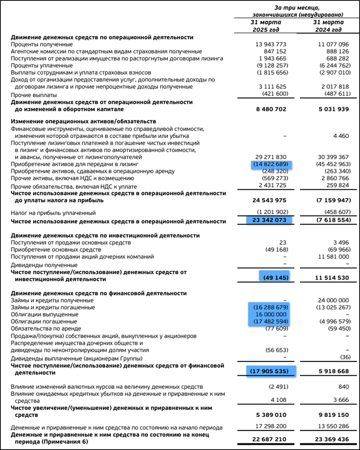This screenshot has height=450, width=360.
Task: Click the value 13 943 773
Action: pos(270,44)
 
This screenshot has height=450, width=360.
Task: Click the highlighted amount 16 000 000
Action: pos(270,314)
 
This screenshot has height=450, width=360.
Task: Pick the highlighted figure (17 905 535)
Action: pos(270,371)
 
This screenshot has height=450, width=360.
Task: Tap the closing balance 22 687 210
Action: pos(270,439)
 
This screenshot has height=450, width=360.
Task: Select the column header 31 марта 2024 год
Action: pos(328,26)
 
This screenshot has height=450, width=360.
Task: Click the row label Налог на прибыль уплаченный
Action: pos(51,213)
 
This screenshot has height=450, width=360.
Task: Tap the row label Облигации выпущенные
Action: pos(45,314)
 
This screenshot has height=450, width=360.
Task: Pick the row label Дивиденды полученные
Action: pos(44,265)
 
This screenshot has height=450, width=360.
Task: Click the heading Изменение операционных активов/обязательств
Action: pos(83,121)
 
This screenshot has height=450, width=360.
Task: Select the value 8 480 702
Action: pos(270,109)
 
